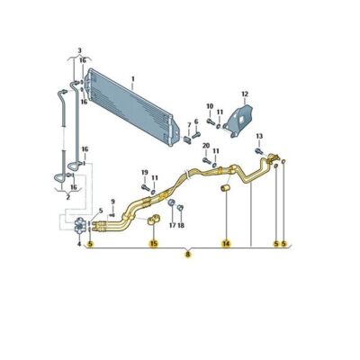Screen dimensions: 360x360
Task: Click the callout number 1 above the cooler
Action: coord(133,79)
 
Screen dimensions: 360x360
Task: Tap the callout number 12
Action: coord(245,94)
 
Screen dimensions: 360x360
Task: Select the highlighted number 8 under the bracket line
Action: coord(188,255)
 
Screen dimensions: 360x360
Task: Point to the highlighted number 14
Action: coord(226,244)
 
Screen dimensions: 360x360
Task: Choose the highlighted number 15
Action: coord(154,244)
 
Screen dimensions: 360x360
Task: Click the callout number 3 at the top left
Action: coord(79,50)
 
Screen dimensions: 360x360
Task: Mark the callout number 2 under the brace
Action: coord(67,197)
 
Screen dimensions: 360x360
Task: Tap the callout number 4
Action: coord(79,244)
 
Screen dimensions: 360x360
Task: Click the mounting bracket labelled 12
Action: coord(239,121)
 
